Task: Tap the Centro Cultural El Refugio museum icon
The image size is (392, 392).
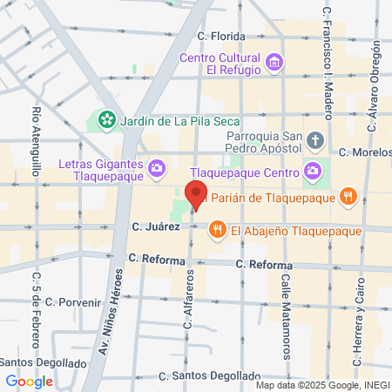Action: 276,61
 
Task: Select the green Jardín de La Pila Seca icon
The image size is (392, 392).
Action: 107,118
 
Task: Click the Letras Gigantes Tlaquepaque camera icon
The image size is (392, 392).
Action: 157,167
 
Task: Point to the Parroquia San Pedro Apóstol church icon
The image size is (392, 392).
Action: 315,140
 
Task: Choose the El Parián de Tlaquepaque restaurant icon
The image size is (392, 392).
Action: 348,196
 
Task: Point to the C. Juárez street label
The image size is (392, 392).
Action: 156,226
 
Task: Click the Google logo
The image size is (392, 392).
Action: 29,381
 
